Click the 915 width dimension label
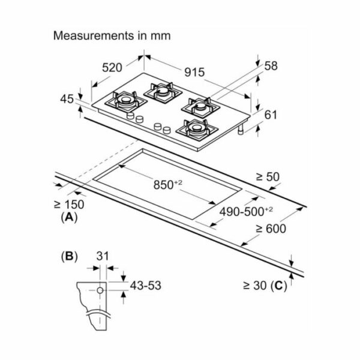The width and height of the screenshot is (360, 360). point(194,72)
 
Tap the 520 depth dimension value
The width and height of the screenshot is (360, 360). point(112,68)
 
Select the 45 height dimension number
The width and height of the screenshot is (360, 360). point(67,99)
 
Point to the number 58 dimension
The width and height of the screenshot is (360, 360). point(271,65)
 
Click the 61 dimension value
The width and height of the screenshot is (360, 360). point(271,115)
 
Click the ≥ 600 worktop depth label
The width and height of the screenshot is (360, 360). point(271,229)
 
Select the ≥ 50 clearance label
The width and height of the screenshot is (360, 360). point(268,177)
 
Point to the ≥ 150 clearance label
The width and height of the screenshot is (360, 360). point(69,205)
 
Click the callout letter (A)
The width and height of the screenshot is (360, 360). point(69,217)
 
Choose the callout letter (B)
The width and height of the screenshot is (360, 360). point(69,256)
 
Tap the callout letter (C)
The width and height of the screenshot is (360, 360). point(279,286)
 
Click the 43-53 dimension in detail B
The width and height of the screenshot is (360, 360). point(146,286)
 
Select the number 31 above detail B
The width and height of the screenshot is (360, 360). point(103,256)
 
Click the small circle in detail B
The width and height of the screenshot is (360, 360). point(100,290)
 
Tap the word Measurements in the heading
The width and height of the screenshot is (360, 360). point(94,35)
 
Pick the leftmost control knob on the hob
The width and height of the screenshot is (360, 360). point(130,115)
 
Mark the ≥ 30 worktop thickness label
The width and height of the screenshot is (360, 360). point(255,286)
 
